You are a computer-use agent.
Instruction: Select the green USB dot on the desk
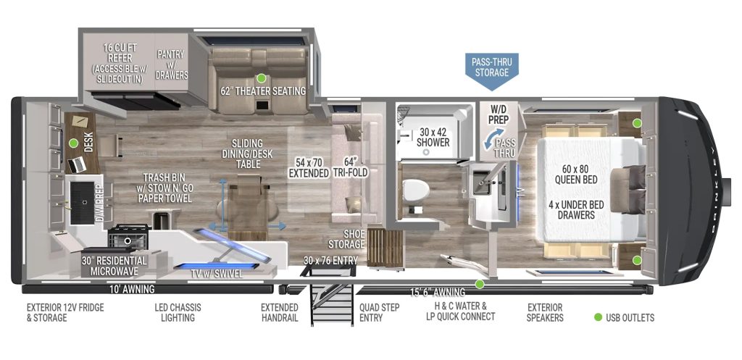[x=73, y=143]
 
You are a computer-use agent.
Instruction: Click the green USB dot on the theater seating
[x=261, y=78]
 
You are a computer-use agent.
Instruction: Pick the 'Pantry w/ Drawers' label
[x=171, y=64]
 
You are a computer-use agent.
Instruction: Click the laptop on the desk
[x=76, y=165]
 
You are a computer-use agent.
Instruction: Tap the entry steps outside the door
[x=332, y=303]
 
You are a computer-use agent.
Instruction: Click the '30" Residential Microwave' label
[x=114, y=265]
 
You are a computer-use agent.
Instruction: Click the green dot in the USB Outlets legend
[x=598, y=317]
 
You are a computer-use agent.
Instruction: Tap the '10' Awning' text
[x=126, y=288]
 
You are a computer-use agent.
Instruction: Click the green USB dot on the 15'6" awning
[x=480, y=284]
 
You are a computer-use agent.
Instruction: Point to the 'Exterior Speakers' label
[x=545, y=312]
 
